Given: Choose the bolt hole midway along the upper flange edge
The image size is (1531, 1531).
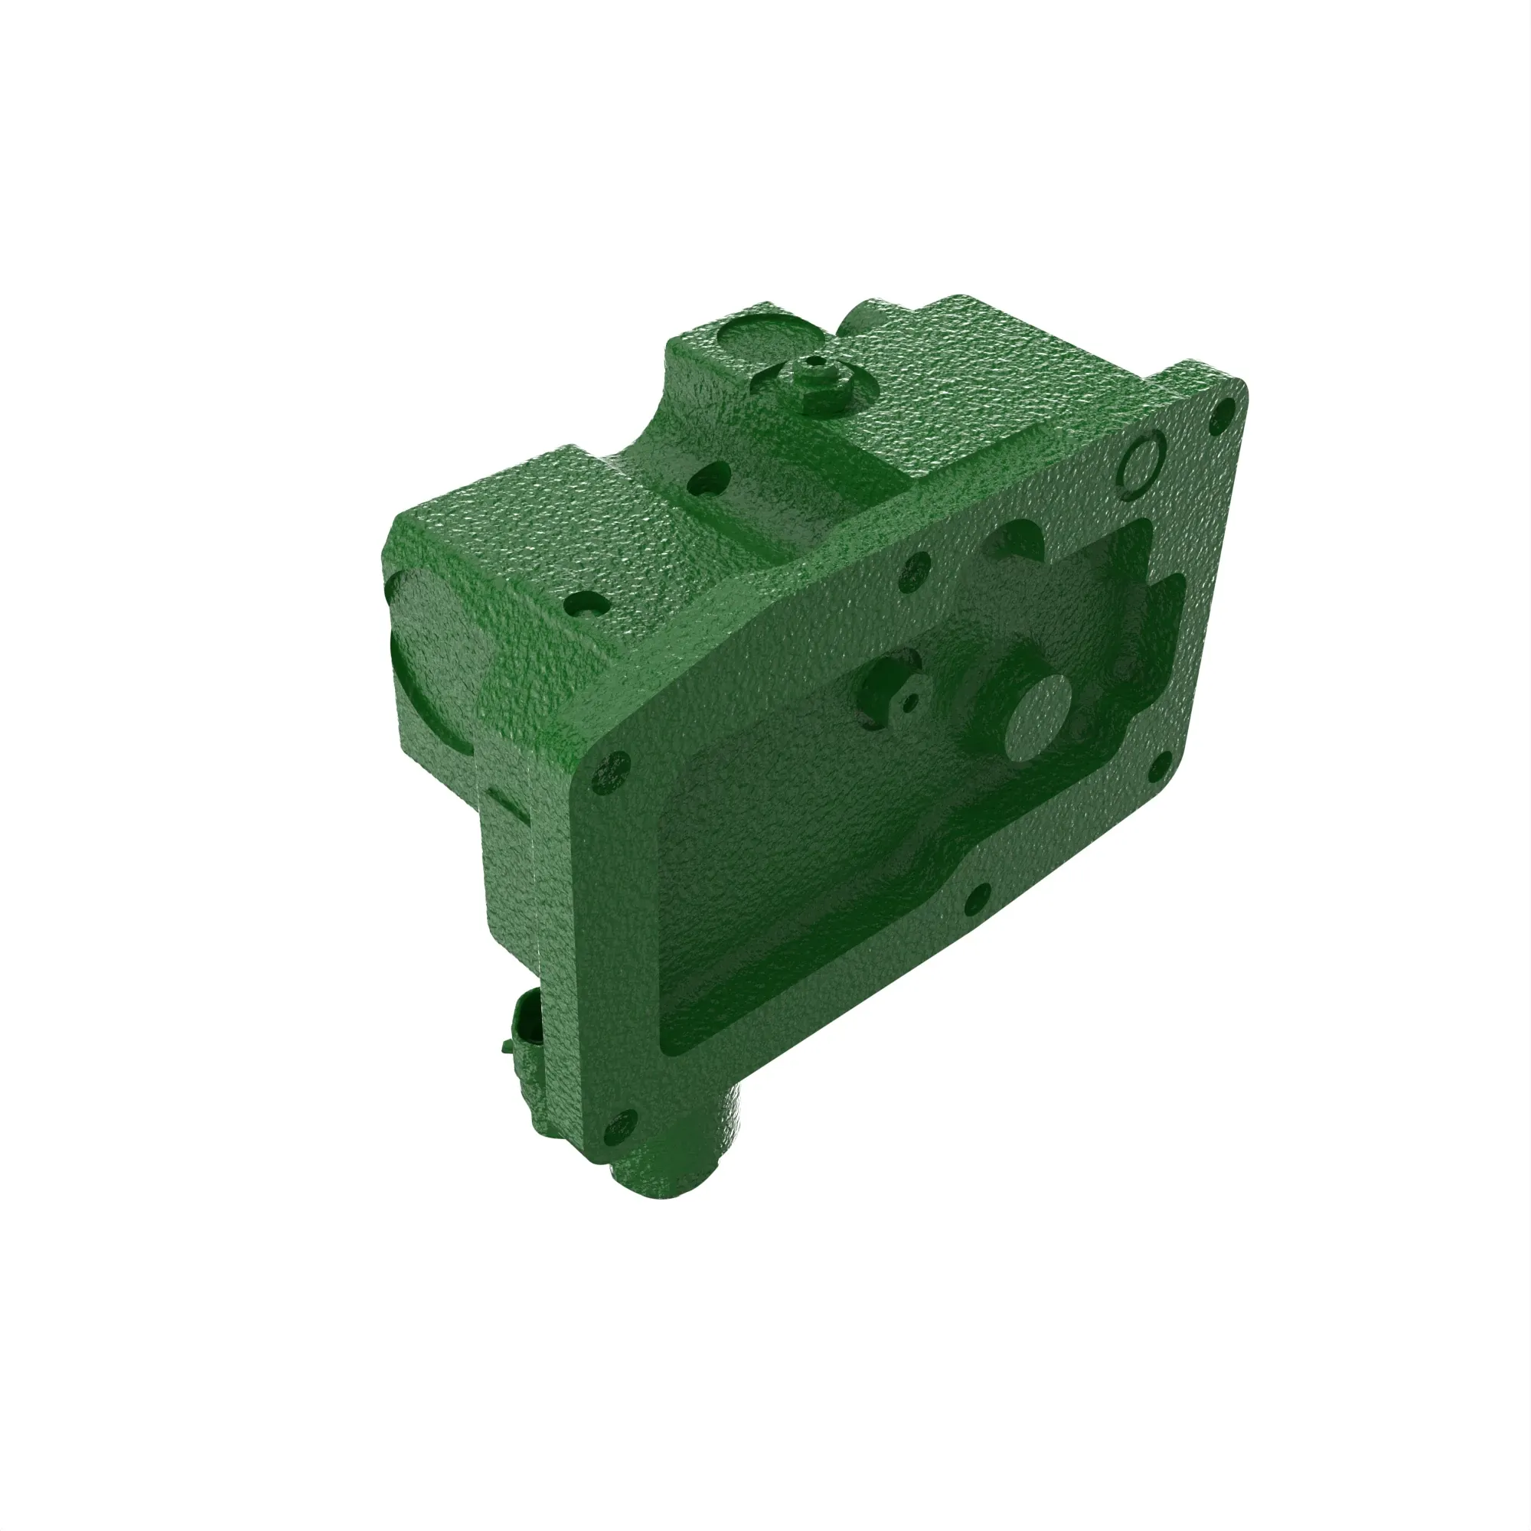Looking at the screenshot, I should [917, 570].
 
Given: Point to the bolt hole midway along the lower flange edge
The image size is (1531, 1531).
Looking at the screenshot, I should [977, 899].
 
